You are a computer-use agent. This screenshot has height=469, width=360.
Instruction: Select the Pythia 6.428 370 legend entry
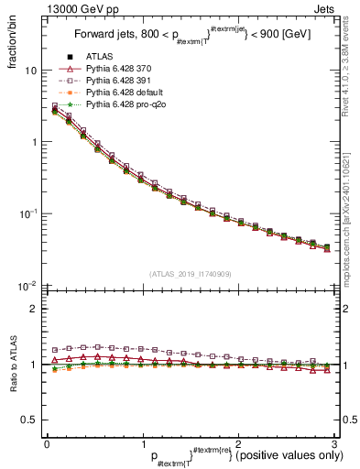tap(121, 71)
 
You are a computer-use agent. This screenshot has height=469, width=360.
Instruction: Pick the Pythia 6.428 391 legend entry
tap(121, 82)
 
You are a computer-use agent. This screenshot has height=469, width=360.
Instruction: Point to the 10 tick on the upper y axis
tap(29, 71)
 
